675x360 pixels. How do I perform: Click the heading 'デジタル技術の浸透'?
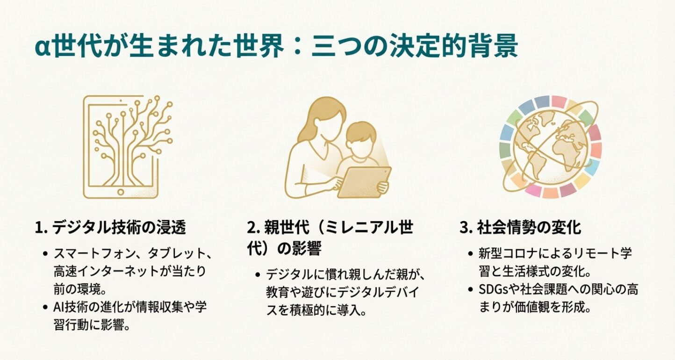tap(119, 228)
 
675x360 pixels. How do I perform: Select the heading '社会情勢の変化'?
tap(529, 228)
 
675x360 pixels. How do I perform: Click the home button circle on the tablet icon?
tap(121, 191)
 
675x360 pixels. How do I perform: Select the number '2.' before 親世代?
tap(253, 228)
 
